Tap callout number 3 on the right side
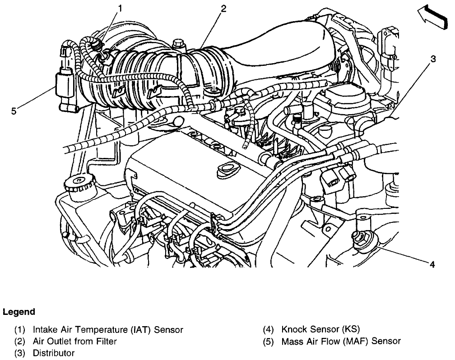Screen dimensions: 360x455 [x=433, y=59]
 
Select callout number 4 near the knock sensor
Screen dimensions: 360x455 [x=432, y=265]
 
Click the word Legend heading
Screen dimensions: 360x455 [x=19, y=312]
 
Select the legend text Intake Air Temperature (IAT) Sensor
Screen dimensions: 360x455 [x=108, y=330]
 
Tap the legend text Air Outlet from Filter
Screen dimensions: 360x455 [x=75, y=342]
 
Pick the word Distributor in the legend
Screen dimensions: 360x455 [x=54, y=353]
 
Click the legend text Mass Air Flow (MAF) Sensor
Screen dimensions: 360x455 [x=341, y=342]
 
